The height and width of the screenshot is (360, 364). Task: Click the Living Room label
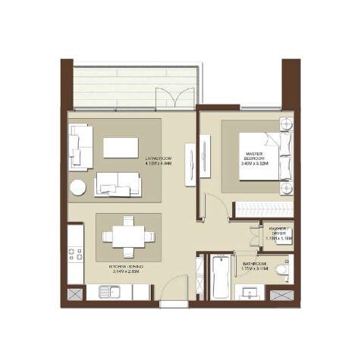point(158,161)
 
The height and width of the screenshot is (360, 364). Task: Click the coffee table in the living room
point(121,147)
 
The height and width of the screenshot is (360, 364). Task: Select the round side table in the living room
point(79,188)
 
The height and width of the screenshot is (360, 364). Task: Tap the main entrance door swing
point(175,287)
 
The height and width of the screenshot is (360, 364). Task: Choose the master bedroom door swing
point(215,205)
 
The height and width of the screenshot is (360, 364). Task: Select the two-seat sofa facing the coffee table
point(117,183)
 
